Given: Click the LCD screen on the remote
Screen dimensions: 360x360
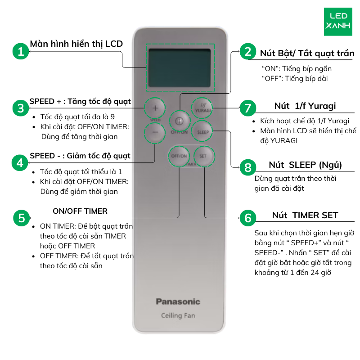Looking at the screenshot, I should (180, 68).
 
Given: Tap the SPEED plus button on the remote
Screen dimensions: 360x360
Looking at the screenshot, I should (155, 108).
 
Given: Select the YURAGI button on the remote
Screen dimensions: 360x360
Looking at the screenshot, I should (202, 108).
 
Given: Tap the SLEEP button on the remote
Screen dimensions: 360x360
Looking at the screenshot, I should (202, 132).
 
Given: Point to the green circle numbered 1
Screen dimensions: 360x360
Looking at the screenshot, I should (21, 51).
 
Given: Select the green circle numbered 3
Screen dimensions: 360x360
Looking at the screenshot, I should (21, 108).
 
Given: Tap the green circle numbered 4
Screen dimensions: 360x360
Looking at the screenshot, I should (21, 162).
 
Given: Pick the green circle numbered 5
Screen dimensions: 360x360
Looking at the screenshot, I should (21, 218).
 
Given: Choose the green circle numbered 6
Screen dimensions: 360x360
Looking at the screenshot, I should (247, 218).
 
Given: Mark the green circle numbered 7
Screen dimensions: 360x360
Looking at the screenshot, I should (247, 108).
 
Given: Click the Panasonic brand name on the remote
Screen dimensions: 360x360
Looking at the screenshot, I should (178, 301).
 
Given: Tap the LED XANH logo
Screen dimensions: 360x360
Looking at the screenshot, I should (337, 21).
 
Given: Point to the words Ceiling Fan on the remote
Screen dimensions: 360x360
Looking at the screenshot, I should (178, 315).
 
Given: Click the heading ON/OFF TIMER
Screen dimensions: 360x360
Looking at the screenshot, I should (80, 211).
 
